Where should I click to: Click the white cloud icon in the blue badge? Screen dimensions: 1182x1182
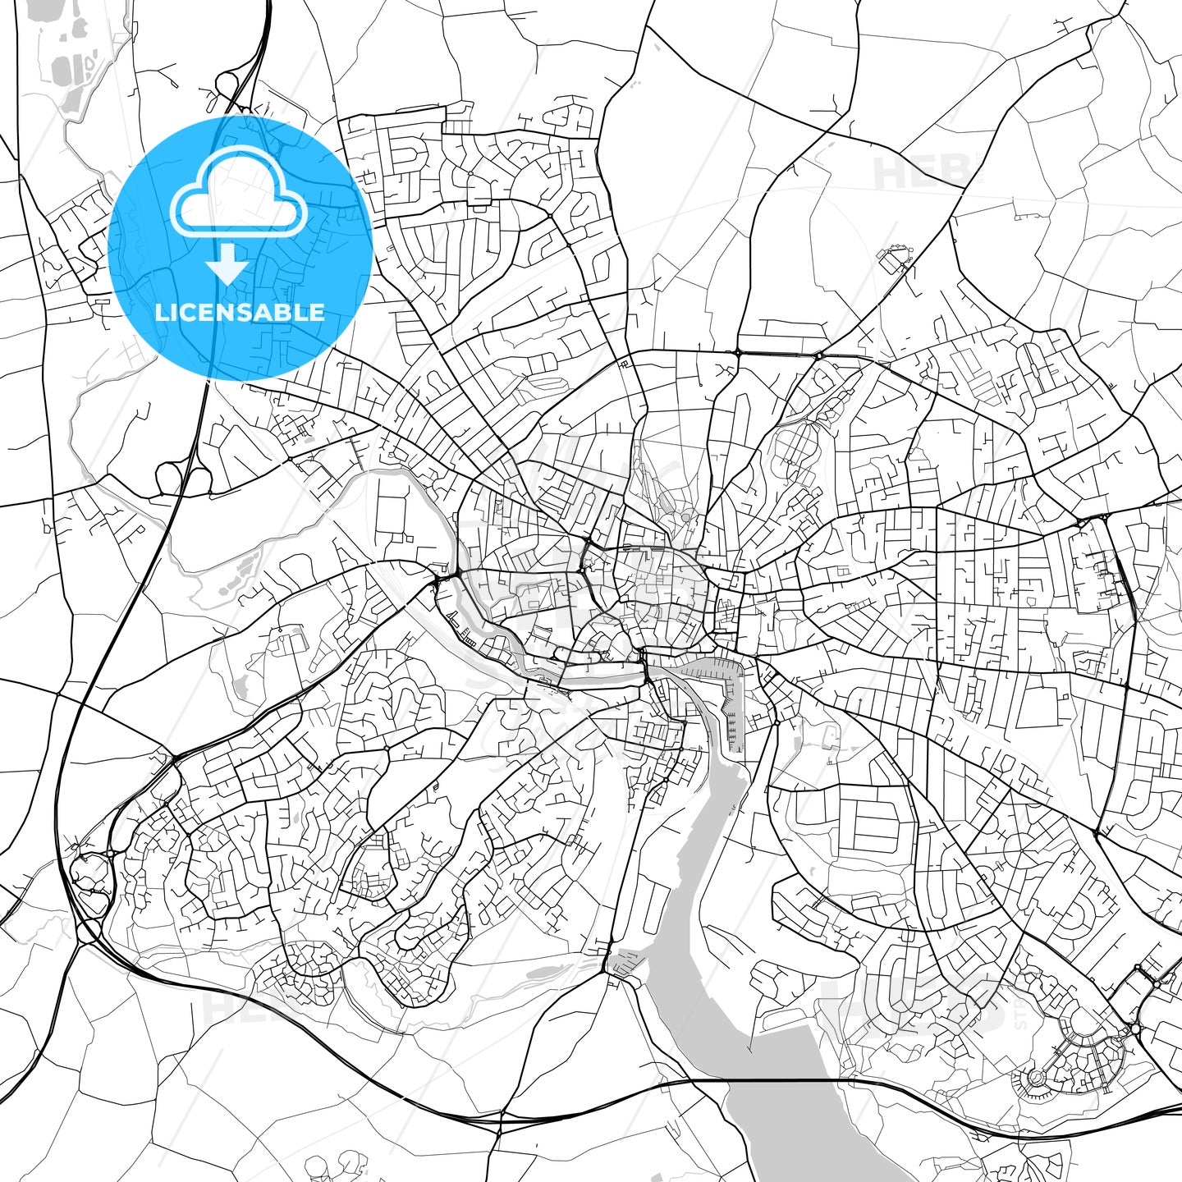coord(238,197)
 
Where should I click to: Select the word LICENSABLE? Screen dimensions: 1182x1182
coord(240,312)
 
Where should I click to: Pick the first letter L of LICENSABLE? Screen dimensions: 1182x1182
coord(160,312)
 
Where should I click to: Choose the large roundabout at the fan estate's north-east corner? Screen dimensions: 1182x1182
coord(1136,1028)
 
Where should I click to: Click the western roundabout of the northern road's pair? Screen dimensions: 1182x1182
coord(737,352)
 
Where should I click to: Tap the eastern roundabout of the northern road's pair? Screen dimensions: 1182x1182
coord(818,355)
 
